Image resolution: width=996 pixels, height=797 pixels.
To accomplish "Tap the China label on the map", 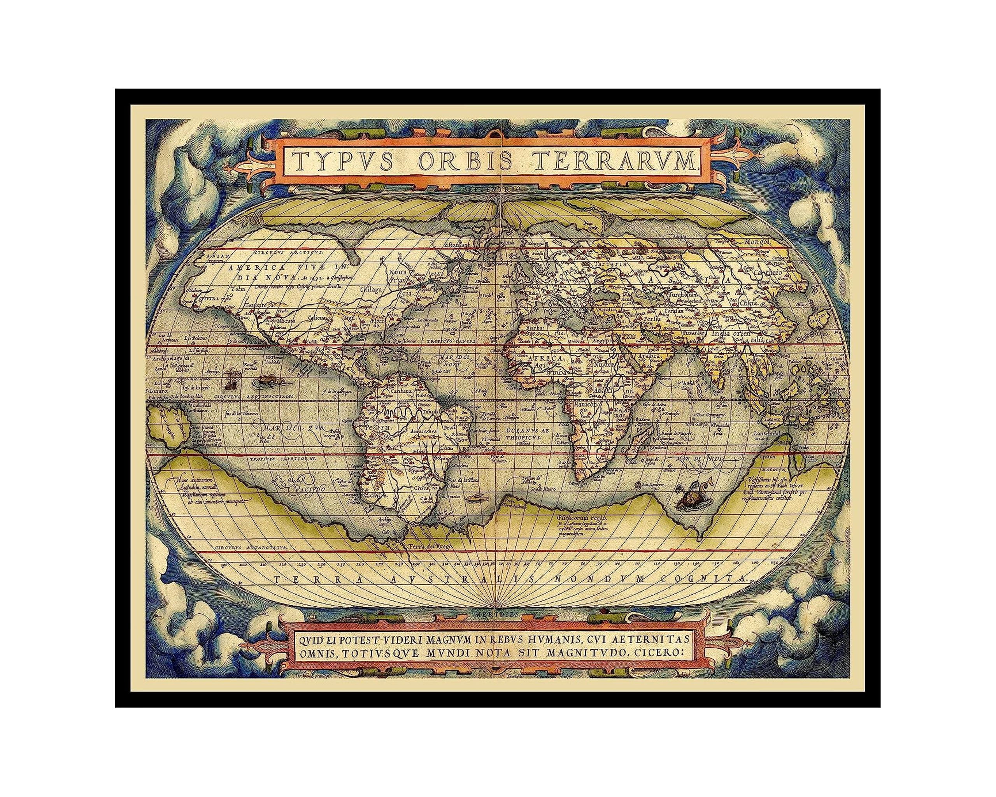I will click(x=749, y=304).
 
